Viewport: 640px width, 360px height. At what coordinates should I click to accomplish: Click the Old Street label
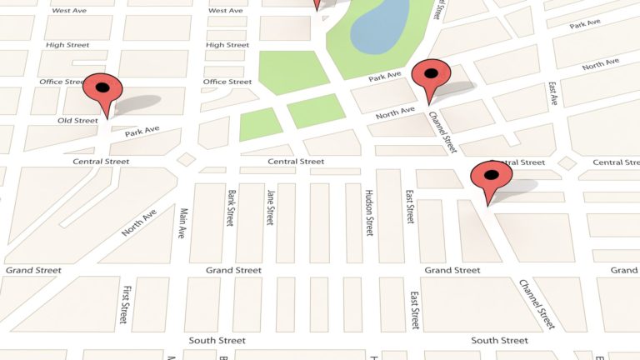coord(77,121)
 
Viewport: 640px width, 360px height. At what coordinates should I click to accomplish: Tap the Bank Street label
coord(230,207)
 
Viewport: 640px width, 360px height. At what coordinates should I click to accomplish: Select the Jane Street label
coord(270,207)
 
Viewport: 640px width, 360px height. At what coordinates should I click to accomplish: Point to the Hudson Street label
coord(369,212)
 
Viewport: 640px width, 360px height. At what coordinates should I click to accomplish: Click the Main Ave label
coord(182,223)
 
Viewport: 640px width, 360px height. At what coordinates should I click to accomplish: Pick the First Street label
coord(125,304)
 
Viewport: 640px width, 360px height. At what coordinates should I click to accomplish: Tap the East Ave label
coord(552,92)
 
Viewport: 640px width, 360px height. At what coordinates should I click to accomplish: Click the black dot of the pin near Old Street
coord(103,86)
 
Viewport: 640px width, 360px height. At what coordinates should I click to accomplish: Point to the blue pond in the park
coord(380,25)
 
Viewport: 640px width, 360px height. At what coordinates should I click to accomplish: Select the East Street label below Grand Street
coord(414,309)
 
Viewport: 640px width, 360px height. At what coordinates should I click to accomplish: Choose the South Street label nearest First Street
coord(217,341)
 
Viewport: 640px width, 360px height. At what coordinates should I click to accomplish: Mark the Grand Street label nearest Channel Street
coord(452,270)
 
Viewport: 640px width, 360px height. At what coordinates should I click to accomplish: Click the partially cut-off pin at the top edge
coord(317,4)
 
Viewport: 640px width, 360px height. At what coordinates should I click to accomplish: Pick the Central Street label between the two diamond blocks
coord(295,161)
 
